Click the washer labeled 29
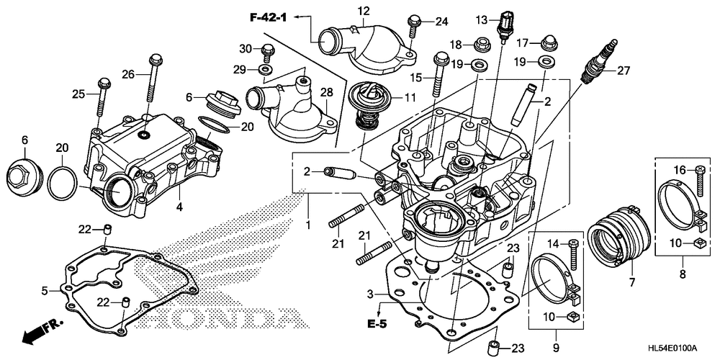(x=265, y=69)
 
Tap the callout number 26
(x=128, y=73)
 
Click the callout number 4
(x=180, y=207)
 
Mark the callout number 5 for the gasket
(x=45, y=291)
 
